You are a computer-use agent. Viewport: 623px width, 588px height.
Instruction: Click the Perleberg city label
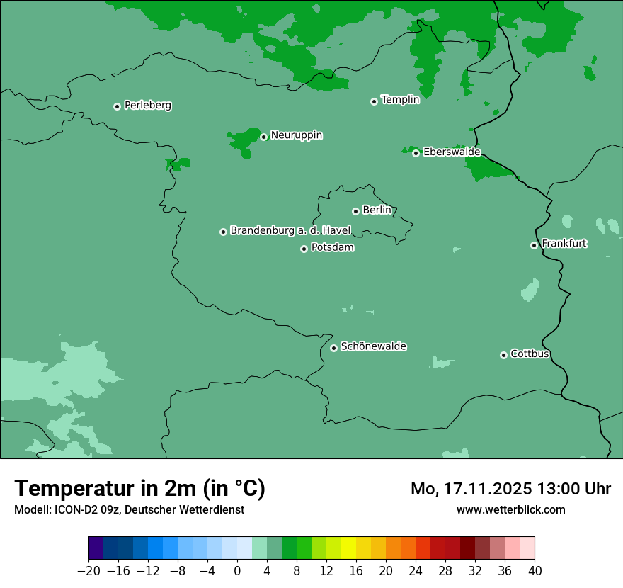(x=147, y=106)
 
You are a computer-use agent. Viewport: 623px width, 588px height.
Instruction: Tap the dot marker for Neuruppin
(x=263, y=137)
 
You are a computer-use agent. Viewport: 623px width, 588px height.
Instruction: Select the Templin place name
(x=400, y=100)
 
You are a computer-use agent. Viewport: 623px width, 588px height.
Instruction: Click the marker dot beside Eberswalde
(x=416, y=153)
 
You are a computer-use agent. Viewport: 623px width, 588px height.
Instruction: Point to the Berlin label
(x=377, y=210)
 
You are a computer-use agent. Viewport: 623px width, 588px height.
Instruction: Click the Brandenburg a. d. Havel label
(x=290, y=231)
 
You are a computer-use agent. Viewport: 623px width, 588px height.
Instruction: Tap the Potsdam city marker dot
(x=304, y=249)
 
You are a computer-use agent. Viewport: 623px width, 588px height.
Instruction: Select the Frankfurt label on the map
(x=564, y=244)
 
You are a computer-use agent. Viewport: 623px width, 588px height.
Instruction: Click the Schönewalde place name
(x=373, y=346)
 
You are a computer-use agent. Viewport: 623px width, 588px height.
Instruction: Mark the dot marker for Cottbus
(x=503, y=355)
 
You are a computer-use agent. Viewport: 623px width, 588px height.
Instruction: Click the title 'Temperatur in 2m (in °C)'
(x=139, y=489)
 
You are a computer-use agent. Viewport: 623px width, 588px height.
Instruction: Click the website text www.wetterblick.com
(x=510, y=509)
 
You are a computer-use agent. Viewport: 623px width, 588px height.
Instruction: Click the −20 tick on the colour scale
(x=88, y=570)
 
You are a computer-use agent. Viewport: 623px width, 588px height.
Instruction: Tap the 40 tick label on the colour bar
(x=535, y=570)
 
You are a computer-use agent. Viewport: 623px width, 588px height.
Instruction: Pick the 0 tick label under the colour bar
(x=237, y=570)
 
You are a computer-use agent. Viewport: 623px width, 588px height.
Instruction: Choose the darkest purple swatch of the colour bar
(x=96, y=548)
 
